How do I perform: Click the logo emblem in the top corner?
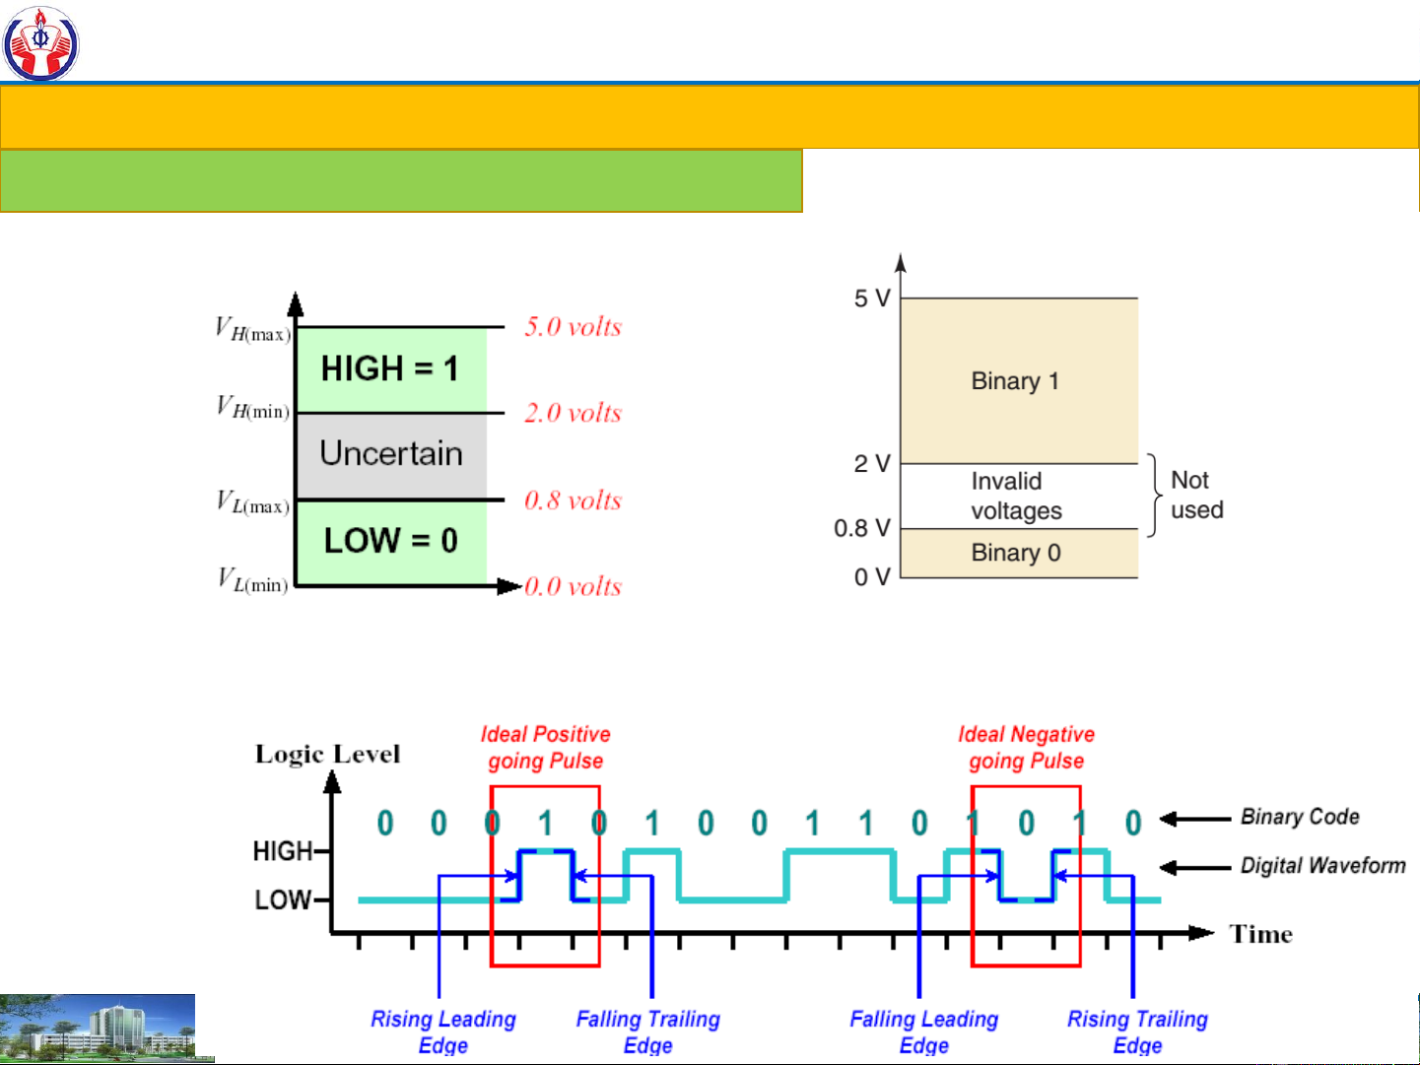(40, 42)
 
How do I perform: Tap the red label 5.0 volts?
(573, 327)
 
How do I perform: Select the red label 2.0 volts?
(573, 413)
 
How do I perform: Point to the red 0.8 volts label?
(573, 500)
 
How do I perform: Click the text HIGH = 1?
(389, 368)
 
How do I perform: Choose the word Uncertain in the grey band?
(391, 453)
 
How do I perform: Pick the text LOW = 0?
(391, 540)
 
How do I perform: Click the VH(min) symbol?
(253, 407)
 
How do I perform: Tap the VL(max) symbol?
(253, 502)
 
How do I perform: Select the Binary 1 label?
(1015, 381)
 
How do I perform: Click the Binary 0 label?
(1016, 553)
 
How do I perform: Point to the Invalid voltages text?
(1016, 496)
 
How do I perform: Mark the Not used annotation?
(1196, 495)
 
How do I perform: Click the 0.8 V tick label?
(861, 528)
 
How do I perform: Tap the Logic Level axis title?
(327, 755)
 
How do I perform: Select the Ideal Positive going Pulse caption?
(545, 747)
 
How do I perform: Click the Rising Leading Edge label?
(443, 1032)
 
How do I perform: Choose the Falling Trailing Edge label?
(647, 1032)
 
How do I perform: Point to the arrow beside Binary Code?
(1195, 818)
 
